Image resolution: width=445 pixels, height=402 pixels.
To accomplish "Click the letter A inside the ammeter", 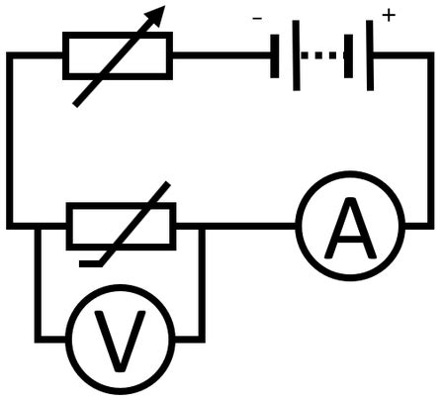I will click(x=350, y=228).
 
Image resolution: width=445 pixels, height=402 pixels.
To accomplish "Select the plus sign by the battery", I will click(x=388, y=17).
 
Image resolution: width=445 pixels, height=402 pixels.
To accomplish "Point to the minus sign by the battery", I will click(x=258, y=17).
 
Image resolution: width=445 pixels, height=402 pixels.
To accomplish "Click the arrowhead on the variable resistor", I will click(x=153, y=18).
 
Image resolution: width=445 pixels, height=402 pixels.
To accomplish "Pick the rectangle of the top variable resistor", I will click(x=118, y=55).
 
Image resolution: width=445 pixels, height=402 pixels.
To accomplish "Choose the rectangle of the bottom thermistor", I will click(x=121, y=226).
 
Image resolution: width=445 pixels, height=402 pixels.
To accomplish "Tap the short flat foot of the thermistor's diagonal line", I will click(x=91, y=262).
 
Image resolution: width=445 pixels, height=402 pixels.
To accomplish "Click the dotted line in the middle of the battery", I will click(x=318, y=55).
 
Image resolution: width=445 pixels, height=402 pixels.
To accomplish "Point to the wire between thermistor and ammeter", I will click(x=247, y=226).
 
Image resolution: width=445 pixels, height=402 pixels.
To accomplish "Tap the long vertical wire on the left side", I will click(x=10, y=139).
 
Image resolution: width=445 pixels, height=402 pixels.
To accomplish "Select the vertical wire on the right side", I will click(x=430, y=139).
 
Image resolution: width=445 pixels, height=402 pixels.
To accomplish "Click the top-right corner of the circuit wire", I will click(x=430, y=55).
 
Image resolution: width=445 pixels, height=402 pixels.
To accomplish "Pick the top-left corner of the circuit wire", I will click(x=10, y=55).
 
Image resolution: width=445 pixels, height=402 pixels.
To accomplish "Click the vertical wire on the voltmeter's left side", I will click(x=39, y=287).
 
